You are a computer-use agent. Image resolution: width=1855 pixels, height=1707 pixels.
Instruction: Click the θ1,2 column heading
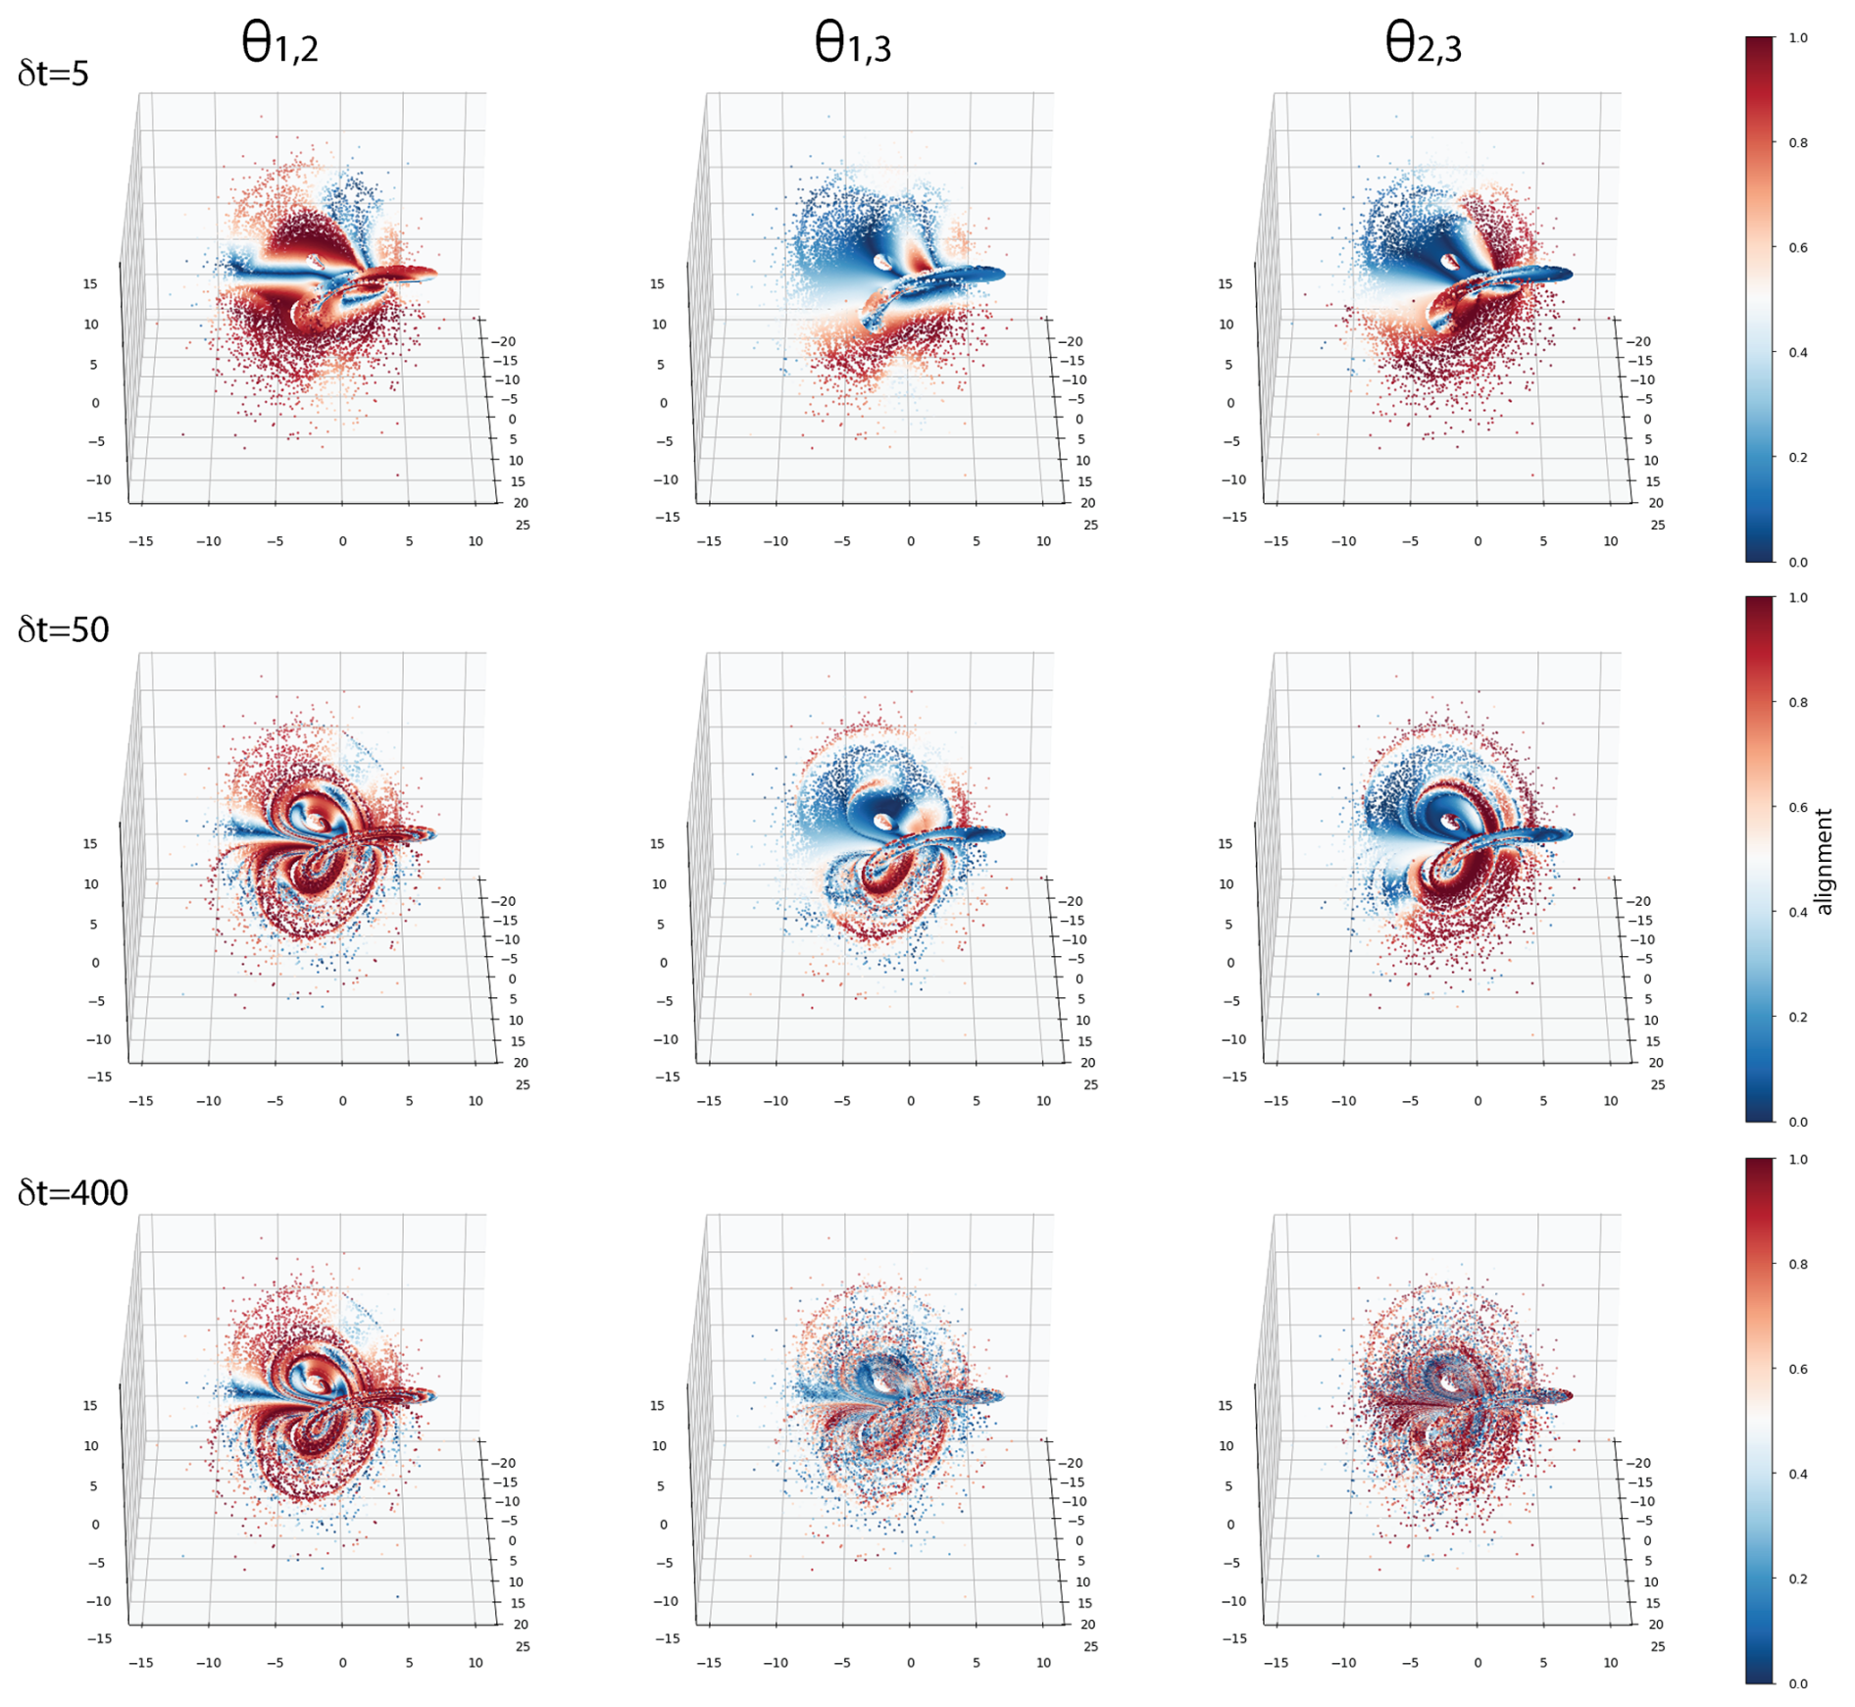point(279,44)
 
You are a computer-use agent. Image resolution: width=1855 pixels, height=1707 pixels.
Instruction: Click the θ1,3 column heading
point(852,44)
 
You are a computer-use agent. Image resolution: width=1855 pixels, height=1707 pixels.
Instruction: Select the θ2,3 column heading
point(1423,44)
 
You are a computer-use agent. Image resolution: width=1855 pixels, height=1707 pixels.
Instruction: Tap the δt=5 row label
point(53,74)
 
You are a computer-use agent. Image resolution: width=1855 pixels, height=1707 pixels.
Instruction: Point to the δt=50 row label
point(63,629)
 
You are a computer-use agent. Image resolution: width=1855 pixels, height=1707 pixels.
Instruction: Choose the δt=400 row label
point(73,1192)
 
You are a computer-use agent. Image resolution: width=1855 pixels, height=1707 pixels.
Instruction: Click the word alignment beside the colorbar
point(1823,861)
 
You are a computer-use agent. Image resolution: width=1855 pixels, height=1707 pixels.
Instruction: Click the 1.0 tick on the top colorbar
point(1797,38)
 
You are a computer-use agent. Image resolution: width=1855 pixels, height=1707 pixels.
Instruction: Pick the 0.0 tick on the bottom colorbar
point(1797,1683)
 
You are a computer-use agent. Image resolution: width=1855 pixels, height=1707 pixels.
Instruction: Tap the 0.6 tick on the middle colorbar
point(1797,807)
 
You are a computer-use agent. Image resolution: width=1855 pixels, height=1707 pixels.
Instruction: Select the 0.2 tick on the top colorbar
point(1797,457)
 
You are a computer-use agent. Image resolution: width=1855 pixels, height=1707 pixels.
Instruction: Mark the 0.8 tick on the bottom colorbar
point(1797,1264)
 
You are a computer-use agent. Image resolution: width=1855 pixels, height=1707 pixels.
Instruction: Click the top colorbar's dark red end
point(1759,44)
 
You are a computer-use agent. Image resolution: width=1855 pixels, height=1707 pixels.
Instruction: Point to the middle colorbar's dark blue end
point(1759,1114)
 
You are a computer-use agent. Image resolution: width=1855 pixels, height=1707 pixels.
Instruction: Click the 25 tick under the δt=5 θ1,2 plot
point(523,526)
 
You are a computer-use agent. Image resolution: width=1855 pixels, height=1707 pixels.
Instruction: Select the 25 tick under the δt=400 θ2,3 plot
point(1658,1647)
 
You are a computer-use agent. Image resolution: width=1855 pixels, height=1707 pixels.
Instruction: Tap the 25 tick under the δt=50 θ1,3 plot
point(1090,1085)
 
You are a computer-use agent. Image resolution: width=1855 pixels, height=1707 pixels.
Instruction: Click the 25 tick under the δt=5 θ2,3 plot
point(1658,526)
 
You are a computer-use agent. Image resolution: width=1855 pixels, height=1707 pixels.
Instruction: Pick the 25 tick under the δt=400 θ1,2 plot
point(523,1647)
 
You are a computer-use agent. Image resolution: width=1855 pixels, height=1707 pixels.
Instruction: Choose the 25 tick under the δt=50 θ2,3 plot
point(1658,1085)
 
